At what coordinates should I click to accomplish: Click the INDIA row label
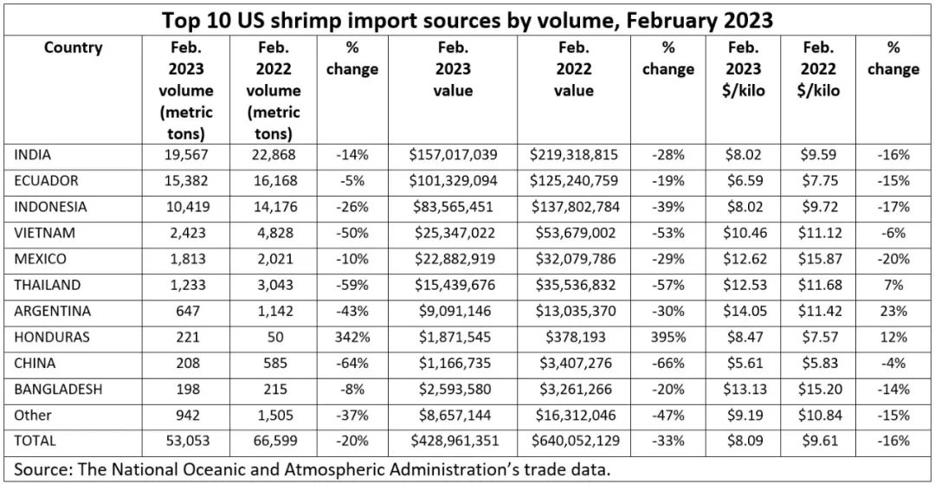[33, 155]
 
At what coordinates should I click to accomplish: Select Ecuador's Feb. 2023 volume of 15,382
[186, 181]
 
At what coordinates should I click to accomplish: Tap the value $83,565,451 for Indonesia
[453, 207]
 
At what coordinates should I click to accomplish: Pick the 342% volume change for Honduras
[352, 337]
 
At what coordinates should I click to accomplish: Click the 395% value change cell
[667, 337]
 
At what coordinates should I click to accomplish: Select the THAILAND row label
[48, 285]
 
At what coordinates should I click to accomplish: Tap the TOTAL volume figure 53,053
[186, 441]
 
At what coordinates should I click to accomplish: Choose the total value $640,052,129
[574, 441]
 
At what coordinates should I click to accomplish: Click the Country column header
[73, 48]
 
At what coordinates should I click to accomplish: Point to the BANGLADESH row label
[58, 389]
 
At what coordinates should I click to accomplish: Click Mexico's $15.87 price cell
[818, 259]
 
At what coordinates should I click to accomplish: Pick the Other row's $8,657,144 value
[453, 415]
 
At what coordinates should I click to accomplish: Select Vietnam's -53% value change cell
[667, 233]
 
